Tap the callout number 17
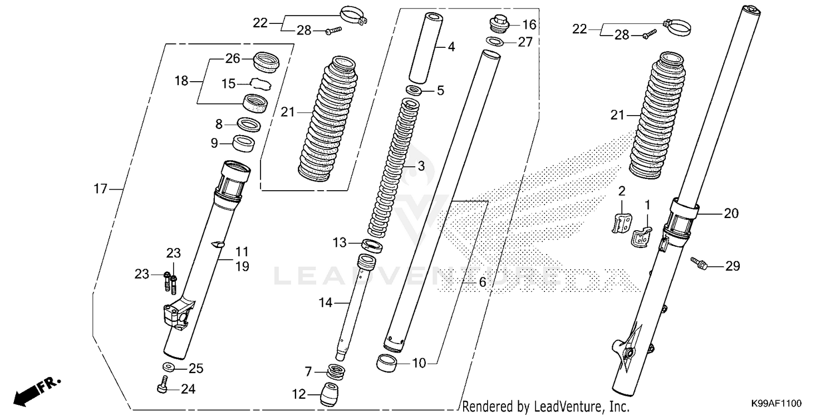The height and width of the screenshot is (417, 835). pos(100,190)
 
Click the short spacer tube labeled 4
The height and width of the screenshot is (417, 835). pos(434,48)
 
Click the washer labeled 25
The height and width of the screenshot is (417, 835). pos(167,368)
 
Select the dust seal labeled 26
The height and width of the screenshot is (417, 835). pos(266,59)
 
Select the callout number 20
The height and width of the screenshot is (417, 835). pos(730,213)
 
